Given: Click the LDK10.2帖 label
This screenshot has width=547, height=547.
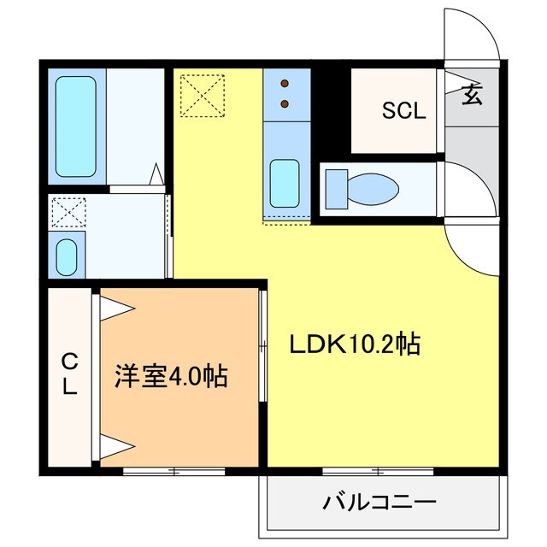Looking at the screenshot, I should (354, 344).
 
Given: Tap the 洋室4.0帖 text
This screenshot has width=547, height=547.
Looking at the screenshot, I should (172, 377).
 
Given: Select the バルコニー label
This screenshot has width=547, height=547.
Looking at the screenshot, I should (379, 502).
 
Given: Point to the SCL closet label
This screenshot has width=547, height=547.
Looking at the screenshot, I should (403, 110).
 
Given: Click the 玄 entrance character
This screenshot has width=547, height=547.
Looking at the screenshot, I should (472, 95).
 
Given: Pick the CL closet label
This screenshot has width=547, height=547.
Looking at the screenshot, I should (68, 376).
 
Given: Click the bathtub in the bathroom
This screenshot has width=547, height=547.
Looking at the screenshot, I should (77, 127).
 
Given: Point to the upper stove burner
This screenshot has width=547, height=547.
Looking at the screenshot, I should (284, 85).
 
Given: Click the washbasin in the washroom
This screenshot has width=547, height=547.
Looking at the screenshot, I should (66, 254).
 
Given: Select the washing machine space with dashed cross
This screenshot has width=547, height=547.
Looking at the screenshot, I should (65, 212).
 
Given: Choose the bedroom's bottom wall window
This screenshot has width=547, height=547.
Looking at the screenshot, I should (175, 470).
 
